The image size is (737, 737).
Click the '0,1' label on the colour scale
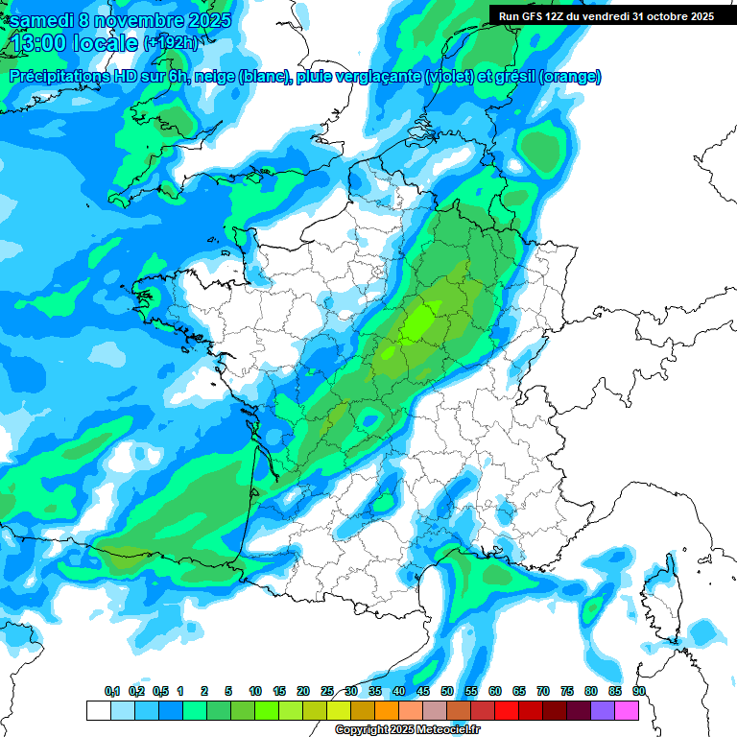pos(112,691)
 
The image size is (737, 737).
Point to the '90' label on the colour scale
pos(638,691)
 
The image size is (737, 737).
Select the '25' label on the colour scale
pos(327,691)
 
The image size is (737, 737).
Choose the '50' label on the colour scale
pos(447,691)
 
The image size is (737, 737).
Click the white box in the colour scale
pos(98,710)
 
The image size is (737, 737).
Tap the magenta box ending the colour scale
pos(627,710)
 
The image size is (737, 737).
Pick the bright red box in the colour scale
pos(507,710)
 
